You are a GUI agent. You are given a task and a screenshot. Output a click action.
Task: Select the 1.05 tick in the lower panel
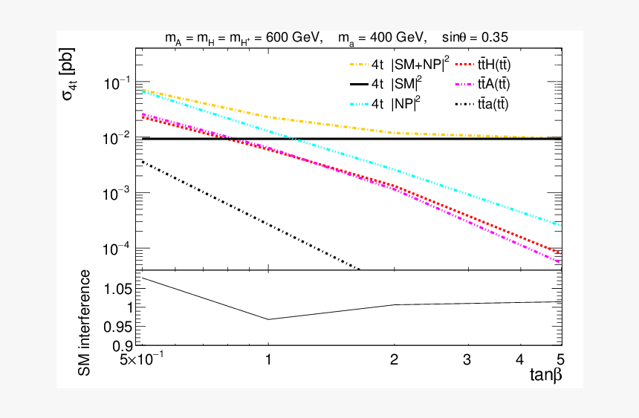[115, 288]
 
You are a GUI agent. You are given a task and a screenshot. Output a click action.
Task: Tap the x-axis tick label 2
[394, 360]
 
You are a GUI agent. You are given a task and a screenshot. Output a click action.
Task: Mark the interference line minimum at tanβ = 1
[268, 319]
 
